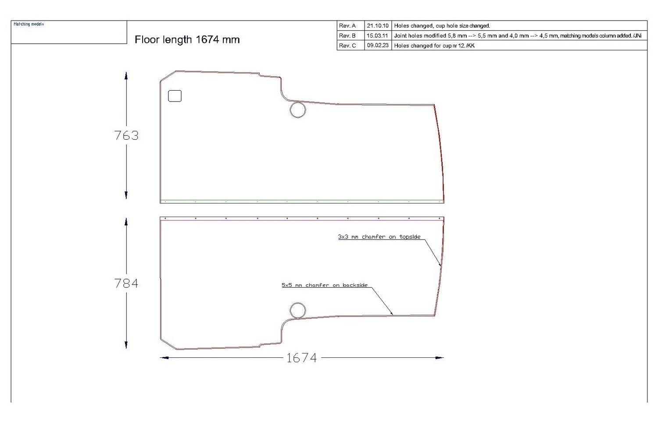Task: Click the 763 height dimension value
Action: click(x=126, y=136)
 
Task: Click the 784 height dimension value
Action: click(x=126, y=284)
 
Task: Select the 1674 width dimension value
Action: click(x=301, y=358)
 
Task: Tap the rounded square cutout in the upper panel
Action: click(x=175, y=96)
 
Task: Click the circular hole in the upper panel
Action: click(x=298, y=110)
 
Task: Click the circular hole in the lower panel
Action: click(x=298, y=310)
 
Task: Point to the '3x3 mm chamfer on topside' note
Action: click(x=379, y=237)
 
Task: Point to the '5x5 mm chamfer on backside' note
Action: click(x=325, y=285)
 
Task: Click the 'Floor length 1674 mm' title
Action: click(x=187, y=40)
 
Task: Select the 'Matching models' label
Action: click(x=29, y=24)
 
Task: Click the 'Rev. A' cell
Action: click(x=347, y=26)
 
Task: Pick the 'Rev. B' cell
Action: click(x=347, y=36)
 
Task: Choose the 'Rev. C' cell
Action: click(x=347, y=46)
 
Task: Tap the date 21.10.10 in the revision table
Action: click(x=378, y=26)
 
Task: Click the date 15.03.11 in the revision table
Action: click(x=378, y=36)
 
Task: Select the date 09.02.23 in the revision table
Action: click(x=378, y=46)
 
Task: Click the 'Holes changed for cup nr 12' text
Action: click(x=434, y=46)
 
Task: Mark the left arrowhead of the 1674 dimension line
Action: click(x=164, y=358)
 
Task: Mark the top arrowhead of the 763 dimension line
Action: click(x=126, y=75)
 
